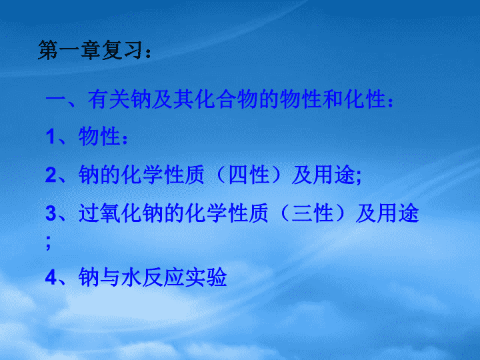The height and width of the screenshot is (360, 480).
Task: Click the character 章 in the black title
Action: pos(91,50)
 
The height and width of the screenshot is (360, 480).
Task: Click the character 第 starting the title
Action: pos(49,50)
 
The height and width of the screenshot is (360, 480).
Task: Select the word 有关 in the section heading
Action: pos(109,99)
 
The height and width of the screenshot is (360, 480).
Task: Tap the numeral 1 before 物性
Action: pos(51,137)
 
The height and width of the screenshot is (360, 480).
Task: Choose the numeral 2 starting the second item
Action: pos(51,175)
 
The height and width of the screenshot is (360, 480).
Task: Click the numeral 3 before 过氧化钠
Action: pos(51,213)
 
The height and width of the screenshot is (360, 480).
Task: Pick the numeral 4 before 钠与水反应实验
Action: pos(51,277)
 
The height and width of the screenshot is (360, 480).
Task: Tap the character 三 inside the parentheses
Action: pos(302,213)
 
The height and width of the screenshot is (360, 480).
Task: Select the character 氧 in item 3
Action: pos(110,213)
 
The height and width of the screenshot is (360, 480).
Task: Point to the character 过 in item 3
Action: pos(89,213)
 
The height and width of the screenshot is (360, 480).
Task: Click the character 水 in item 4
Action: pos(131,277)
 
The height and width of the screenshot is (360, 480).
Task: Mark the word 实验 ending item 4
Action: pos(206,277)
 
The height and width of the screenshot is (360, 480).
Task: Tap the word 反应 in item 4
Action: pos(163,277)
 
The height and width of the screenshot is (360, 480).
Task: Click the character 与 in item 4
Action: pos(110,277)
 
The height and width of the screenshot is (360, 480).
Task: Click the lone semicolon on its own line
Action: pos(48,243)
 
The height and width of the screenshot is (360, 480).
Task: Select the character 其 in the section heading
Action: pos(184,99)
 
